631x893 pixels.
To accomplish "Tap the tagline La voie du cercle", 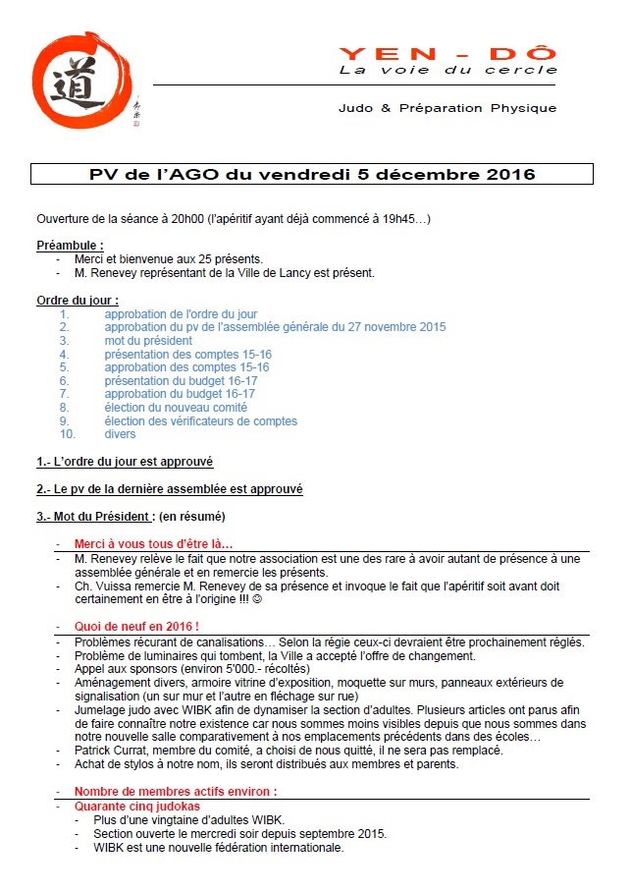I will click(x=447, y=71).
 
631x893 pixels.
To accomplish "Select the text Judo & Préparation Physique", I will click(x=447, y=108).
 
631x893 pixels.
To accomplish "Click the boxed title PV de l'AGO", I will click(x=311, y=175).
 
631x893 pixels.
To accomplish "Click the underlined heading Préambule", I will click(x=70, y=246).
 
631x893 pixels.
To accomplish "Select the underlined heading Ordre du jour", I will click(x=78, y=300).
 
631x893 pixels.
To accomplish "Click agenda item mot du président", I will click(x=148, y=341).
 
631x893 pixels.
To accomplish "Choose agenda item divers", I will click(x=120, y=434).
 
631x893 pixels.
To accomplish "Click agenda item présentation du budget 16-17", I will click(x=181, y=380).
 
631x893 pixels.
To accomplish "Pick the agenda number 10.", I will click(x=67, y=434).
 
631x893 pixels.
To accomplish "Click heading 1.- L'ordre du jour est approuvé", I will click(x=125, y=462).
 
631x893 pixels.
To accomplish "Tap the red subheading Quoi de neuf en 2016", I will click(x=136, y=627).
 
